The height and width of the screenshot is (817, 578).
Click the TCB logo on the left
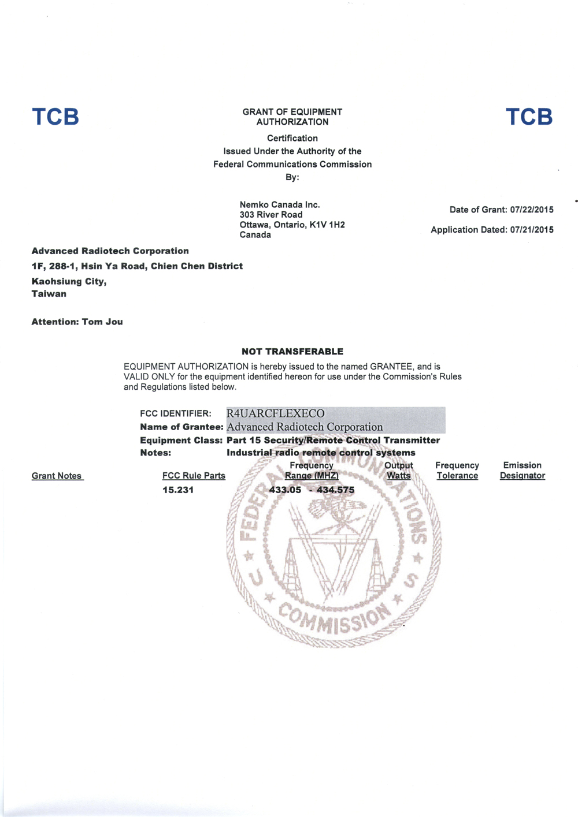pos(55,117)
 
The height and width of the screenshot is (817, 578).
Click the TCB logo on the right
pos(529,117)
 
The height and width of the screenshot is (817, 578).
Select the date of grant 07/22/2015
pos(532,210)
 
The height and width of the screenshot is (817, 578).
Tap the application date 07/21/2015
pos(532,230)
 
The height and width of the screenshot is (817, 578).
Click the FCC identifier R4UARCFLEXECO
pos(275,413)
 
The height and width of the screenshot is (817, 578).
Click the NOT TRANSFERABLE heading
pos(292,352)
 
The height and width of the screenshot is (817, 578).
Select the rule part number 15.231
pos(178,490)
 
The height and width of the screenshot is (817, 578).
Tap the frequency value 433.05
pos(286,490)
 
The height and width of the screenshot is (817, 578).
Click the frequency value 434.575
pos(336,490)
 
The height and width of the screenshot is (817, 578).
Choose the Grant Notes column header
pos(57,476)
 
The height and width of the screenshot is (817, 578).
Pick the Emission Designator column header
pos(522,471)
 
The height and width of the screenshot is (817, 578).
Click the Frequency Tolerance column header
pos(457,471)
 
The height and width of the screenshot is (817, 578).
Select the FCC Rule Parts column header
pos(194,476)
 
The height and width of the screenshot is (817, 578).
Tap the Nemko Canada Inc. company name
pos(280,204)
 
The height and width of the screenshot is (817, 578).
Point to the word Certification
pos(292,138)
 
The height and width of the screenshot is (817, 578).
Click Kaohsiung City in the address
pos(69,281)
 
